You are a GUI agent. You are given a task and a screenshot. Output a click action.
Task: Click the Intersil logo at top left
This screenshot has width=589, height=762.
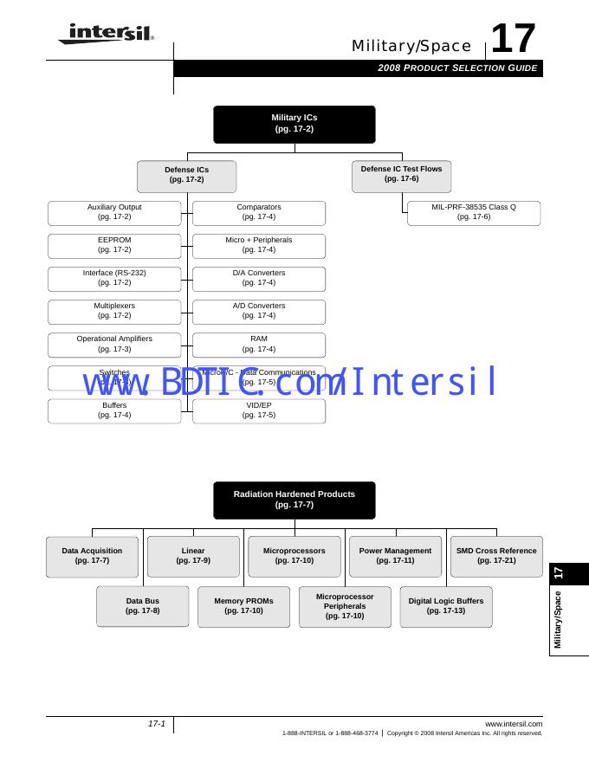pyautogui.click(x=106, y=34)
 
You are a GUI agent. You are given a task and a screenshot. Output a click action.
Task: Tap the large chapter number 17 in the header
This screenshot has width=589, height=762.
pyautogui.click(x=514, y=39)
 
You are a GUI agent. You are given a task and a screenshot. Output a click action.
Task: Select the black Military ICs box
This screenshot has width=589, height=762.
pyautogui.click(x=294, y=124)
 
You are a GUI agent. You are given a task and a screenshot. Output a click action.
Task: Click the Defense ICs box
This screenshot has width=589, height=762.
pyautogui.click(x=186, y=175)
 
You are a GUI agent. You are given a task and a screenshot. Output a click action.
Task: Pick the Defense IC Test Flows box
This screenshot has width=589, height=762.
pyautogui.click(x=401, y=174)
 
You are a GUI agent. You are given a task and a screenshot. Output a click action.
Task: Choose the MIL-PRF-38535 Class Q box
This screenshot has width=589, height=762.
pyautogui.click(x=474, y=212)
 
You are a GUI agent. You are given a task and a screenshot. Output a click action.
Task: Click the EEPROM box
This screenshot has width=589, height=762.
pyautogui.click(x=114, y=245)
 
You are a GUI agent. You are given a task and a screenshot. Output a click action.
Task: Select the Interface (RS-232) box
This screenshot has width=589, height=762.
pyautogui.click(x=114, y=278)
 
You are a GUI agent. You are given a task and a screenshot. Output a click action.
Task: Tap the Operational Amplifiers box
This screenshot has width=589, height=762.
pyautogui.click(x=114, y=344)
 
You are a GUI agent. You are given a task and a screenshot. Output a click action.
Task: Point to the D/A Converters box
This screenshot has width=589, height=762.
pyautogui.click(x=259, y=278)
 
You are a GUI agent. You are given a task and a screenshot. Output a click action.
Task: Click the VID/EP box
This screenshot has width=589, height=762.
pyautogui.click(x=259, y=410)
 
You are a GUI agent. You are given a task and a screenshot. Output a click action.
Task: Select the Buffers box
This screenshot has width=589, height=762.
pyautogui.click(x=114, y=410)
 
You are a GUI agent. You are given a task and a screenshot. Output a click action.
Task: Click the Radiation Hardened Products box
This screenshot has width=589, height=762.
pyautogui.click(x=294, y=500)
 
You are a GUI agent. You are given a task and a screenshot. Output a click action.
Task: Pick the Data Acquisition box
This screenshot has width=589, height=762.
pyautogui.click(x=92, y=556)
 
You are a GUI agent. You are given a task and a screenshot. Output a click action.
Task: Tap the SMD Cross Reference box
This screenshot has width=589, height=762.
pyautogui.click(x=496, y=556)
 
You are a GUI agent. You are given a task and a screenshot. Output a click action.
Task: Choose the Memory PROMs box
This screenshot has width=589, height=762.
pyautogui.click(x=243, y=606)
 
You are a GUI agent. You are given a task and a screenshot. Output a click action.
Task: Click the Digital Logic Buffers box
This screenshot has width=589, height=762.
pyautogui.click(x=446, y=606)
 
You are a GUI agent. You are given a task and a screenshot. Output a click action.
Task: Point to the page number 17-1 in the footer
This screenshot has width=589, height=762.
pyautogui.click(x=156, y=724)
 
